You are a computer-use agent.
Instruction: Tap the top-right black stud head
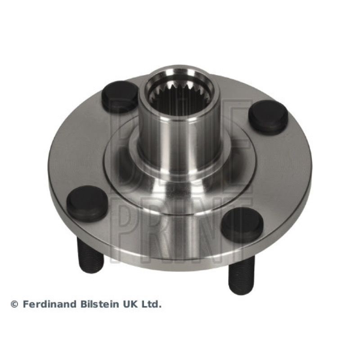269,117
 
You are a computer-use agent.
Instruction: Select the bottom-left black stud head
87,204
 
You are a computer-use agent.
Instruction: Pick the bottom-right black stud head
243,223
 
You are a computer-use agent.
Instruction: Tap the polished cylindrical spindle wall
179,142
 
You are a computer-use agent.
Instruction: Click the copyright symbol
14,305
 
